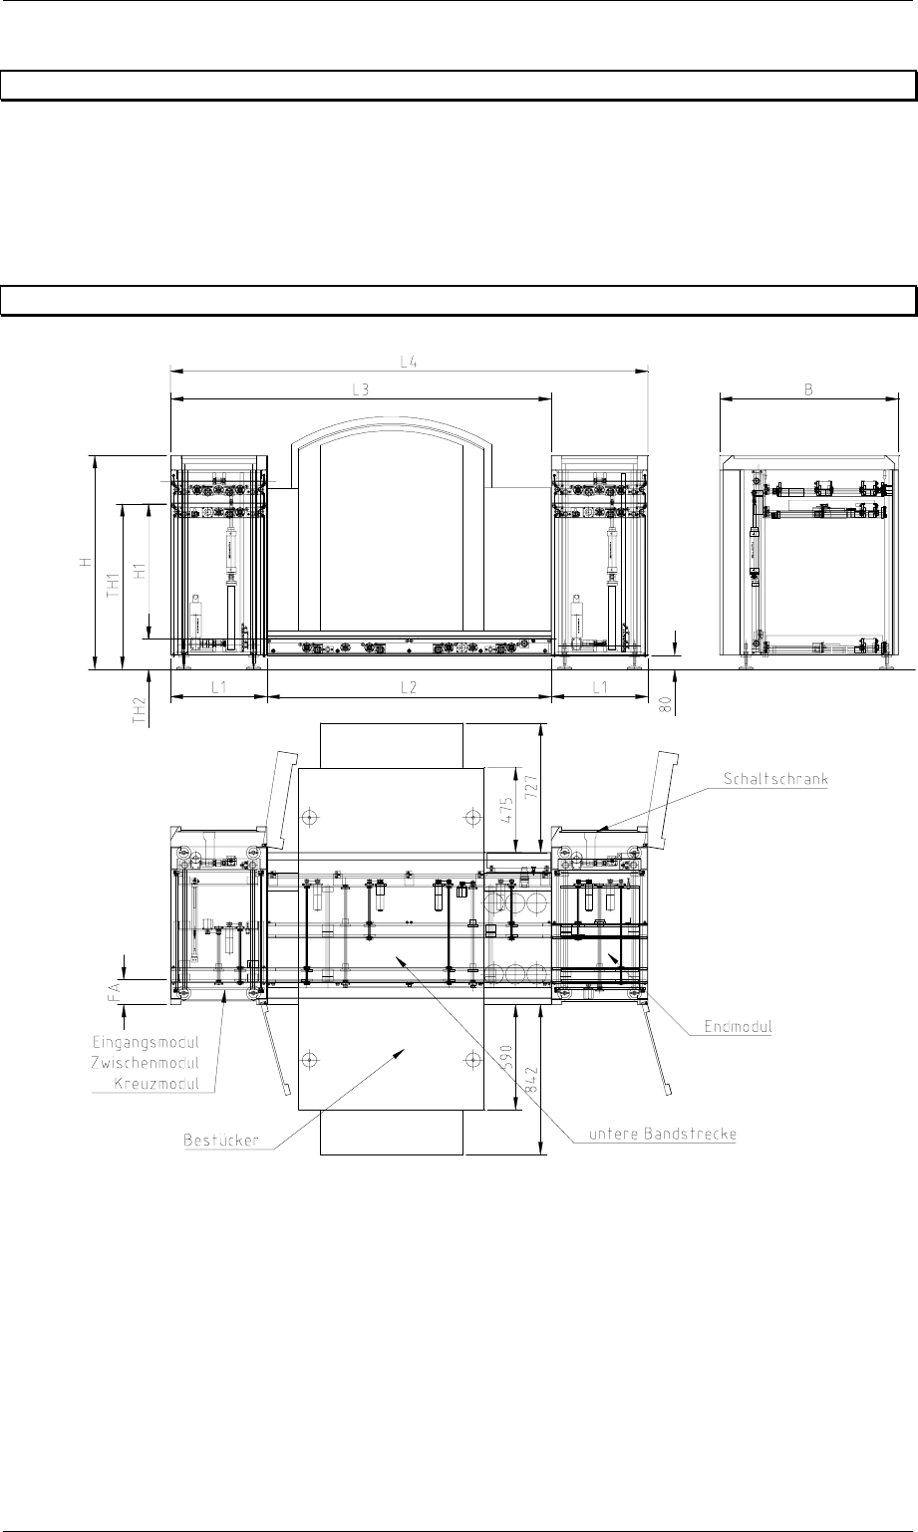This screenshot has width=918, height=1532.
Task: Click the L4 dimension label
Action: point(409,363)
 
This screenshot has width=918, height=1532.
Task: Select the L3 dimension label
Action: point(361,389)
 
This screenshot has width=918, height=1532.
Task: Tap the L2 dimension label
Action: point(409,687)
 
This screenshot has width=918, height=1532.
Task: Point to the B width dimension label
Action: point(808,389)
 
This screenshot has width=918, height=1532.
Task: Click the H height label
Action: point(85,562)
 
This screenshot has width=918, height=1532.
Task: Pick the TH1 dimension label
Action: point(114,586)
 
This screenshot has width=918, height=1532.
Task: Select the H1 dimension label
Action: point(140,571)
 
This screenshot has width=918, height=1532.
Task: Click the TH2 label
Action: point(140,710)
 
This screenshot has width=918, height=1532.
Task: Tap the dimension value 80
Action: point(664,705)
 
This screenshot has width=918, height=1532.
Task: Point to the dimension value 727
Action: point(531,786)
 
